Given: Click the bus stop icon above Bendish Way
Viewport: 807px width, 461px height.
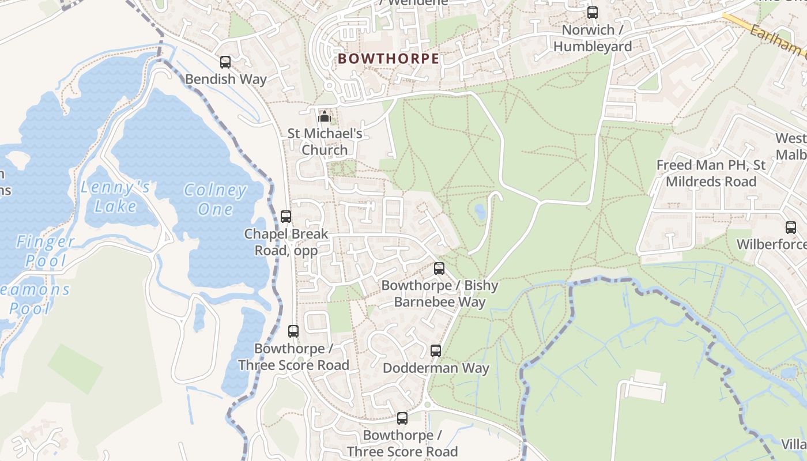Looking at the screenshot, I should pyautogui.click(x=225, y=62).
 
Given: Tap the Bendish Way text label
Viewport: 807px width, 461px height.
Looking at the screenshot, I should pyautogui.click(x=225, y=79).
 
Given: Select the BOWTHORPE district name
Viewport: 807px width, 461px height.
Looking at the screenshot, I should pyautogui.click(x=389, y=59).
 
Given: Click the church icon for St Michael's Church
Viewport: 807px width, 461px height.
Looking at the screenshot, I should pyautogui.click(x=325, y=117).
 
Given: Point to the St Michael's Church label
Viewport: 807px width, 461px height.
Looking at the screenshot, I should pyautogui.click(x=325, y=142).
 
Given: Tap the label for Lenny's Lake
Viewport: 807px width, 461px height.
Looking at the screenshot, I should pyautogui.click(x=115, y=197).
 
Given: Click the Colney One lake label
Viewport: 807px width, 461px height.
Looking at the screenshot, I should pyautogui.click(x=215, y=199).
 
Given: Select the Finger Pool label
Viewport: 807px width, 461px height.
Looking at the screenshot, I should pyautogui.click(x=46, y=251).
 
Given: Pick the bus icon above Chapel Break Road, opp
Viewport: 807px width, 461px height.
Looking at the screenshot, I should pyautogui.click(x=286, y=217).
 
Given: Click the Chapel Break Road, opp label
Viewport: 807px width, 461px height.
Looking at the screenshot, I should pyautogui.click(x=286, y=242).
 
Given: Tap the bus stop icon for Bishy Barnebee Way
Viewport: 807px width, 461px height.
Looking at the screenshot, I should pyautogui.click(x=439, y=269).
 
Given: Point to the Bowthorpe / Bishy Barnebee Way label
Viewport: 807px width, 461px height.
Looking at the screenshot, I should pyautogui.click(x=440, y=293).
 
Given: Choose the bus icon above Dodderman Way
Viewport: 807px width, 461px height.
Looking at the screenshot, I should pyautogui.click(x=436, y=351).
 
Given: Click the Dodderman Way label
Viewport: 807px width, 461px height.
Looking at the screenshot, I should pyautogui.click(x=436, y=368).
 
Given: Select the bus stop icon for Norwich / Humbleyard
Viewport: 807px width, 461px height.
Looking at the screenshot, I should pyautogui.click(x=593, y=13).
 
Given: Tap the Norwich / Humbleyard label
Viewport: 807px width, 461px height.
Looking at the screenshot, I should pyautogui.click(x=593, y=38).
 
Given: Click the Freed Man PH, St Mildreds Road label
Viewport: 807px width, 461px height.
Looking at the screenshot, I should pyautogui.click(x=711, y=173).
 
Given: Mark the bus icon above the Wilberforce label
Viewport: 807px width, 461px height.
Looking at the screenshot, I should pyautogui.click(x=791, y=228).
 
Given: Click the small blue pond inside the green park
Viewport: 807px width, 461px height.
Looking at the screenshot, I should pyautogui.click(x=480, y=212).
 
